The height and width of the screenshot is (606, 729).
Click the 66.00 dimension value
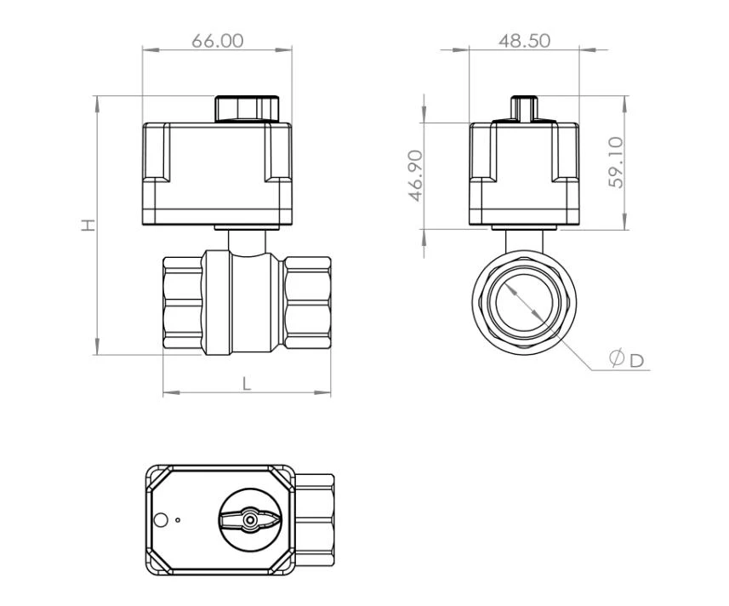click(218, 41)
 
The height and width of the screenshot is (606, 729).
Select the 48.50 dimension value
click(525, 41)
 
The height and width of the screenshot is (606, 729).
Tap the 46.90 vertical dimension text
click(416, 176)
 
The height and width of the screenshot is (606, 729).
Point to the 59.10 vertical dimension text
click(616, 163)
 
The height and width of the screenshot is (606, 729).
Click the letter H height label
click(88, 225)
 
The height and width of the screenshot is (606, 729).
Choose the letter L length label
click(247, 384)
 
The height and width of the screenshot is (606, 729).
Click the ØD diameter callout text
click(627, 359)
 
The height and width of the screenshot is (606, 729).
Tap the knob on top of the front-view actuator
click(247, 109)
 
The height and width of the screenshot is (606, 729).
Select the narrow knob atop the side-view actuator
click(525, 109)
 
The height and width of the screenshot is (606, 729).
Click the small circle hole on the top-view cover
click(159, 519)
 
